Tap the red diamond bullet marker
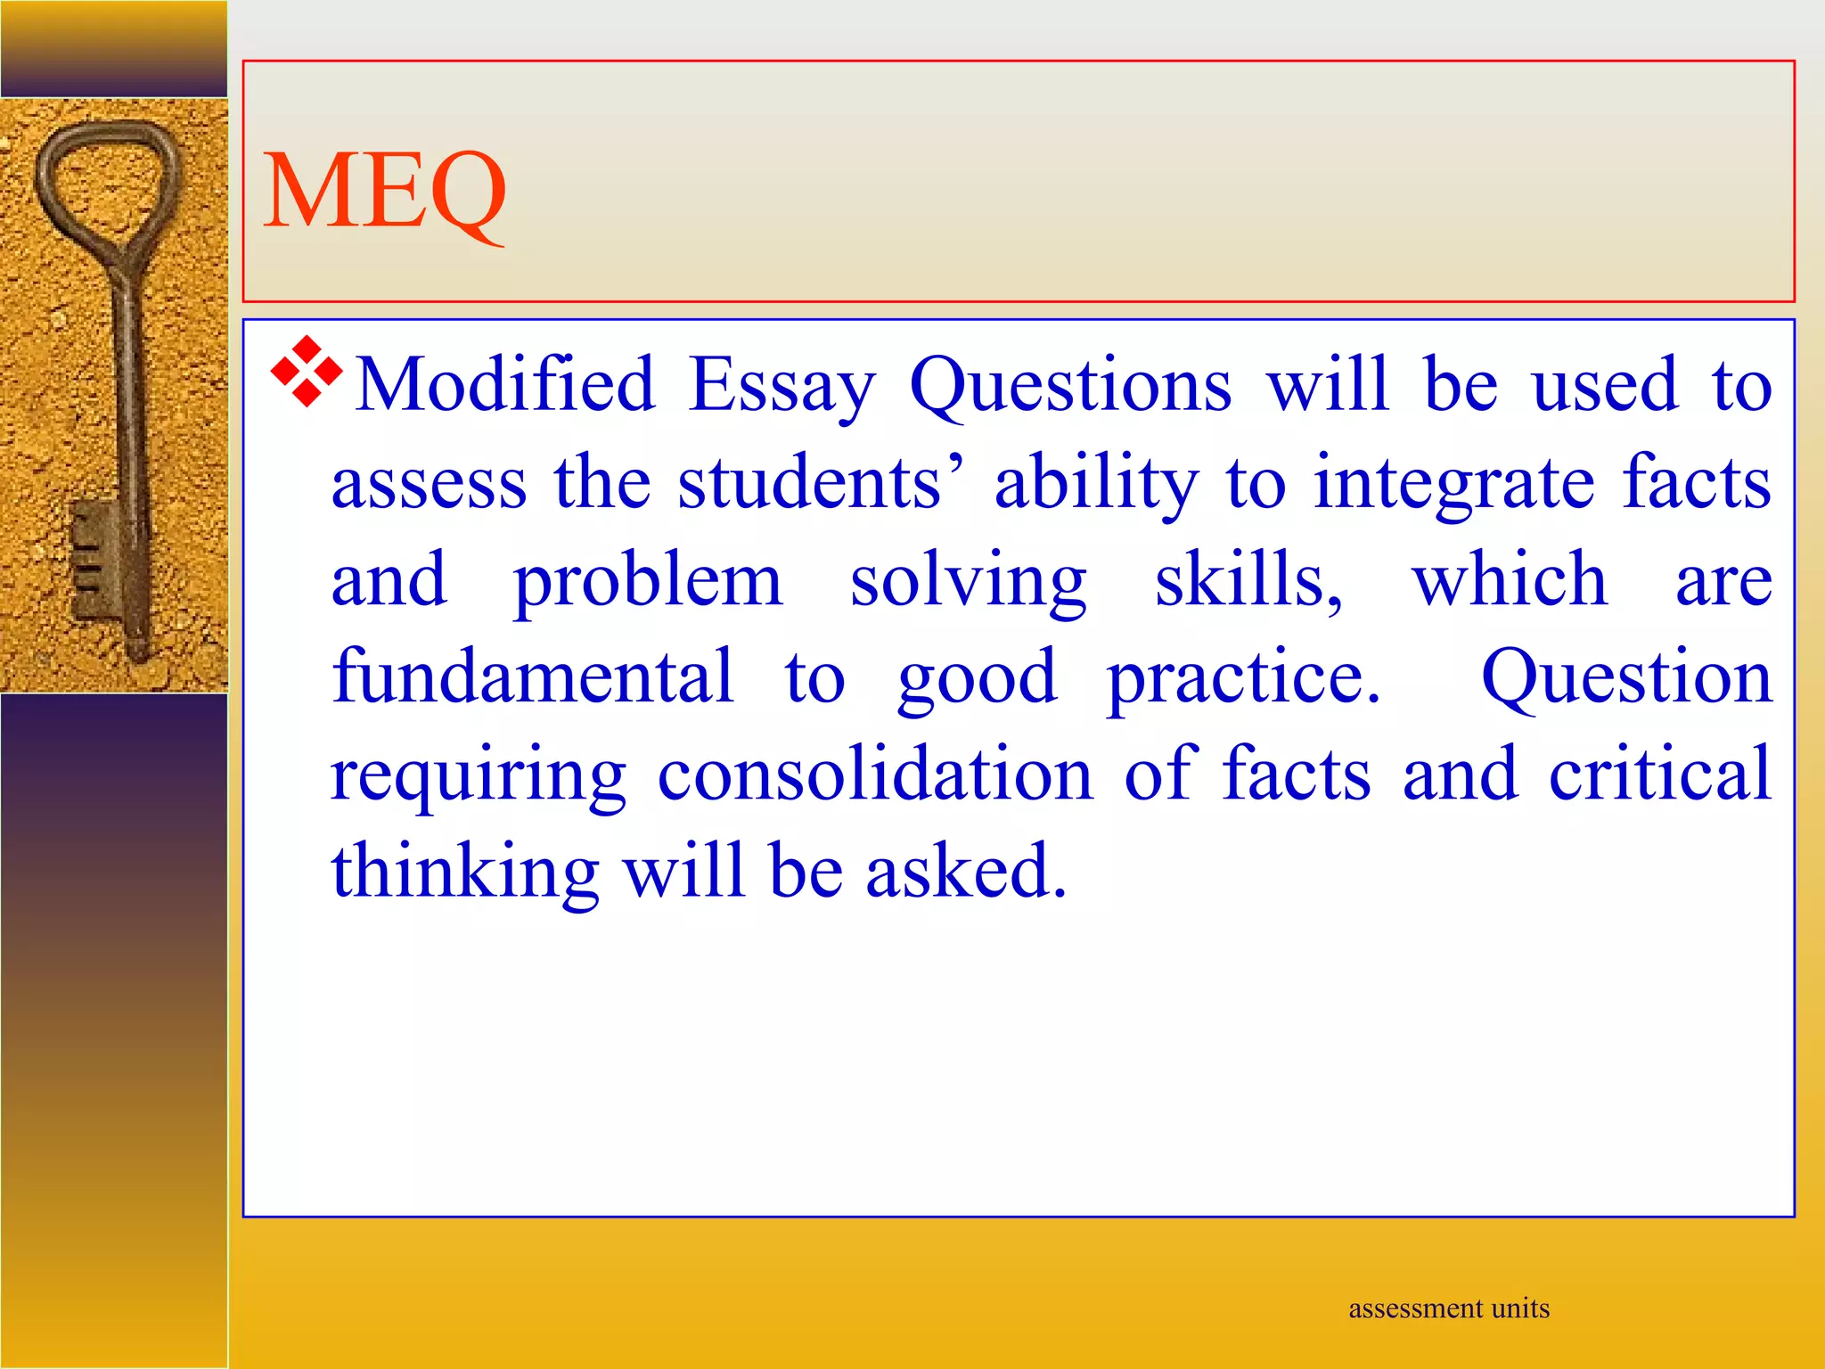pyautogui.click(x=306, y=372)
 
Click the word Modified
pyautogui.click(x=505, y=385)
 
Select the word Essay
pyautogui.click(x=782, y=385)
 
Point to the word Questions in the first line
pyautogui.click(x=1070, y=385)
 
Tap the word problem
pyautogui.click(x=648, y=580)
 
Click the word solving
pyautogui.click(x=968, y=580)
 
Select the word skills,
pyautogui.click(x=1248, y=580)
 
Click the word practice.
pyautogui.click(x=1243, y=679)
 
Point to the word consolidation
pyautogui.click(x=875, y=774)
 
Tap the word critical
pyautogui.click(x=1660, y=774)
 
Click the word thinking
pyautogui.click(x=465, y=871)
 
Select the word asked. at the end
pyautogui.click(x=966, y=871)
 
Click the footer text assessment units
pyautogui.click(x=1449, y=1308)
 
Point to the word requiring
pyautogui.click(x=479, y=775)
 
